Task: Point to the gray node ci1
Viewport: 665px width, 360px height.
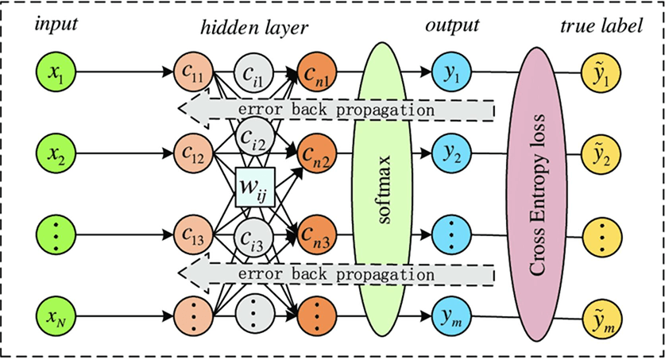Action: [x=254, y=75]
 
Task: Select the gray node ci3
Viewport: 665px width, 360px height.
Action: [x=254, y=236]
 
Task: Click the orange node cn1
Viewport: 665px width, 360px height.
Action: [x=315, y=75]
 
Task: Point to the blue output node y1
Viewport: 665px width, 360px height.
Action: [x=452, y=75]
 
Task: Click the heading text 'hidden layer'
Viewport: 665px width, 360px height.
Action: [x=254, y=27]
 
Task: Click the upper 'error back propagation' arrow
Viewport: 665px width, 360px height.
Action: [x=334, y=108]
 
